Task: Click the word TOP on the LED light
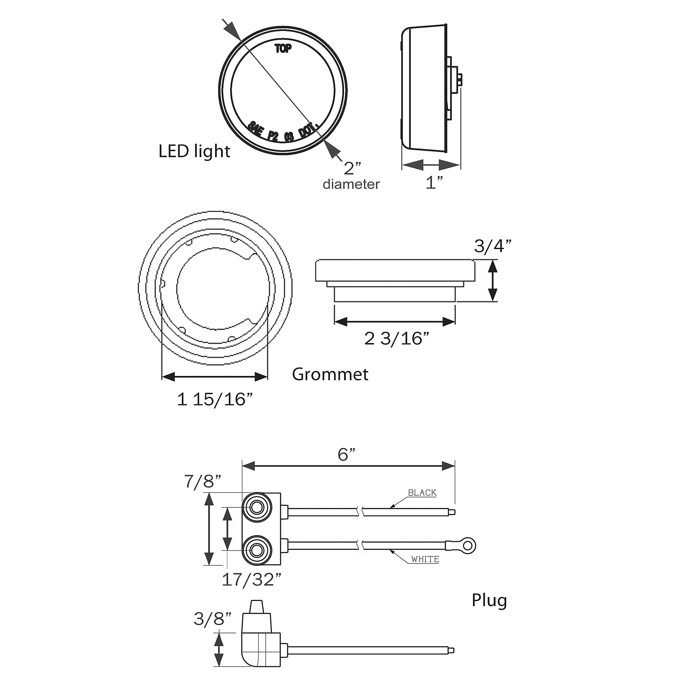[283, 49]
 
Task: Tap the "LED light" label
[195, 151]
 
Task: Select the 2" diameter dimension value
[352, 168]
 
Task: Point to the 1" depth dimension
[434, 183]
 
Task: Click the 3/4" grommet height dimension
[493, 246]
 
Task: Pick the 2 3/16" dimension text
[397, 339]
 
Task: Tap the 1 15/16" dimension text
[215, 399]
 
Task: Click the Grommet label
[330, 375]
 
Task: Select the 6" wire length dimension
[346, 455]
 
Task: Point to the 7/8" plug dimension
[203, 481]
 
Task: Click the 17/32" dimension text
[251, 580]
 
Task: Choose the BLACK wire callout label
[422, 493]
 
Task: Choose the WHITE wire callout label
[425, 559]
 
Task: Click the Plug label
[489, 600]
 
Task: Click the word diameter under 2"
[351, 185]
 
